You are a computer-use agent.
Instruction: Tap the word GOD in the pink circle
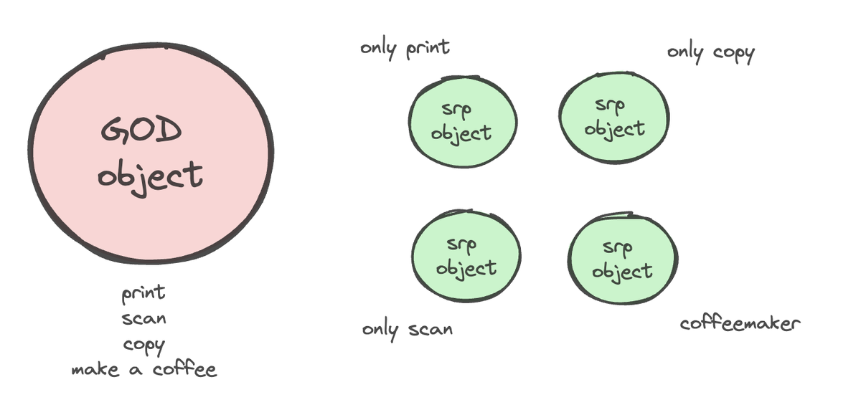[141, 132]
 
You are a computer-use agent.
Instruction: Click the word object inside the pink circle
[151, 175]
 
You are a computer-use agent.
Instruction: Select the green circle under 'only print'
[463, 122]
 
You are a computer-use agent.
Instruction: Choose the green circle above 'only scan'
[466, 257]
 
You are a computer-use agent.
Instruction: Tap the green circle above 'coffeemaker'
[622, 259]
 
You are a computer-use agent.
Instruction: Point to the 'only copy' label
[710, 52]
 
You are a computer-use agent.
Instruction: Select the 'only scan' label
[408, 330]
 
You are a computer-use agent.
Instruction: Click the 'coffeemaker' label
[739, 323]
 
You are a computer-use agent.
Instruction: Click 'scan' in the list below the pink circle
[144, 318]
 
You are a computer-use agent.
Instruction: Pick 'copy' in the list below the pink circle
[144, 345]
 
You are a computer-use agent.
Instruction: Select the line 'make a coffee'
[143, 370]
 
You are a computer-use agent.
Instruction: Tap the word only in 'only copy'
[685, 52]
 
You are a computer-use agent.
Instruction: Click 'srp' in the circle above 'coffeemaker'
[617, 248]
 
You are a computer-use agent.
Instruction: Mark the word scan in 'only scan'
[430, 330]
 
